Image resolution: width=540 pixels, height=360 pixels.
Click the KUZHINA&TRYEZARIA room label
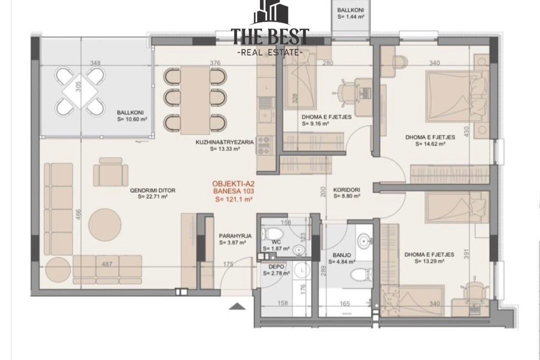click(x=224, y=142)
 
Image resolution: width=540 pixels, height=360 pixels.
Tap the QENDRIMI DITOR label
click(x=152, y=190)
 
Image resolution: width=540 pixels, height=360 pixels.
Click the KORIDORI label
click(x=346, y=190)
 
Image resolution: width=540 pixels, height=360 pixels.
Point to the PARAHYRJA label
click(x=235, y=236)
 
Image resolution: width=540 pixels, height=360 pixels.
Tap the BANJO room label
click(x=341, y=255)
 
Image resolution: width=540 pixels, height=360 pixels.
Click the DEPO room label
click(x=276, y=266)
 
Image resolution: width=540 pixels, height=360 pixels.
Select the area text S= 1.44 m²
click(x=350, y=16)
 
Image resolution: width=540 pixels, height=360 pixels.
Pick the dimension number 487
click(x=107, y=264)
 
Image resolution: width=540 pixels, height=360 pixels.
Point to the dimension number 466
click(x=78, y=216)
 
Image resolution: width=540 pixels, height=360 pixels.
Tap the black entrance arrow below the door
click(x=237, y=306)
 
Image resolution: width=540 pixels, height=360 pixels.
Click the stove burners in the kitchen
click(x=264, y=145)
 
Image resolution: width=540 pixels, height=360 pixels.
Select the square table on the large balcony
click(x=79, y=91)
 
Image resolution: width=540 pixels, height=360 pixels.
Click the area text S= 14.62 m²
click(x=430, y=144)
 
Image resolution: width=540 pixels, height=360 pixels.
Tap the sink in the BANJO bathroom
click(x=362, y=240)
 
